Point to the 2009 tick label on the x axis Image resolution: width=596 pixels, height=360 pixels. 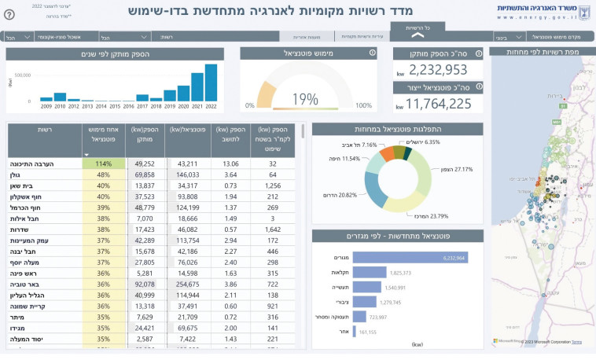46,106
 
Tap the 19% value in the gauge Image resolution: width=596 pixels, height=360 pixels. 305,99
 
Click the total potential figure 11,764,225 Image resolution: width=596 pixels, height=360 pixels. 440,104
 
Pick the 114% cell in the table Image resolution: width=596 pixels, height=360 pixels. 103,163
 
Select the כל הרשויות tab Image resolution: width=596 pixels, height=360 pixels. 417,28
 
